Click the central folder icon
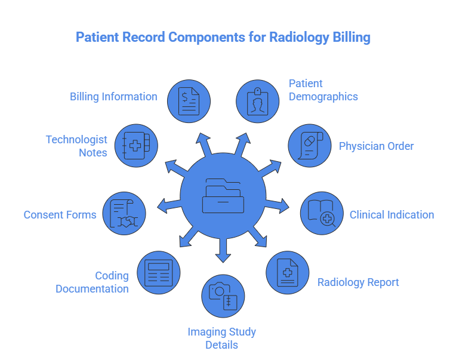(x=223, y=195)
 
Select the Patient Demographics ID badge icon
(x=258, y=101)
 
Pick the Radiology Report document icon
(x=287, y=273)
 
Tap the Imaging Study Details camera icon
(x=223, y=296)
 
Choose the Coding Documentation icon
(x=158, y=273)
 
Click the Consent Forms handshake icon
(x=124, y=213)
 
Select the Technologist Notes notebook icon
(x=136, y=146)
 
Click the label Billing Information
(x=113, y=97)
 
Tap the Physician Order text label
(x=376, y=146)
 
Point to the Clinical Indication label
(x=392, y=215)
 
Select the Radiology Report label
(x=358, y=282)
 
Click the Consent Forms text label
(x=60, y=215)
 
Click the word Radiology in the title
(x=300, y=38)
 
